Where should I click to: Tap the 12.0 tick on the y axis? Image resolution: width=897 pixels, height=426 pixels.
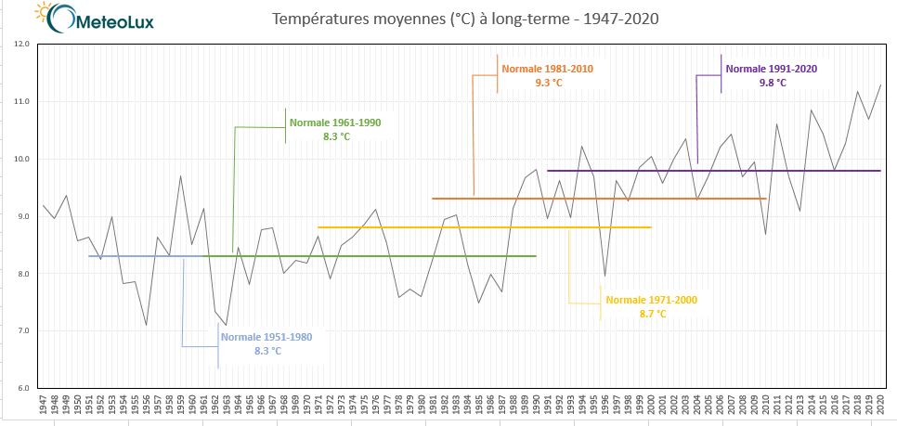22,44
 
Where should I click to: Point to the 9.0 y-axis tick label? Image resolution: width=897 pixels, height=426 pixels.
22,216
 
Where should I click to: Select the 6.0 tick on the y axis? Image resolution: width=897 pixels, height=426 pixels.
22,388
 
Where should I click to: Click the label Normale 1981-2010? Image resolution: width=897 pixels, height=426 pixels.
547,69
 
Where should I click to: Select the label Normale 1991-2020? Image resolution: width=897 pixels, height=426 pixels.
772,69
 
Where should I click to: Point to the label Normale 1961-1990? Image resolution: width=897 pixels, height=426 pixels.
335,123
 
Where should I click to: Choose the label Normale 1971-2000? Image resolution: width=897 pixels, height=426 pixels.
651,300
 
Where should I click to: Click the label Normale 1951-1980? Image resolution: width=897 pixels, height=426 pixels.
266,336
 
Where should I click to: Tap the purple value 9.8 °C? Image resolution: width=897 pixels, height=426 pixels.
773,83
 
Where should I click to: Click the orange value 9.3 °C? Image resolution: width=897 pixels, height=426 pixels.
548,83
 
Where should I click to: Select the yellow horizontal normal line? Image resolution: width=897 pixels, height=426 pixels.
483,227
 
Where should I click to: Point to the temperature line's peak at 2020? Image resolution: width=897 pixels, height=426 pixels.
879,85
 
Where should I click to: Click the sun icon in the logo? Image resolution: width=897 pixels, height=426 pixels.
41,11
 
